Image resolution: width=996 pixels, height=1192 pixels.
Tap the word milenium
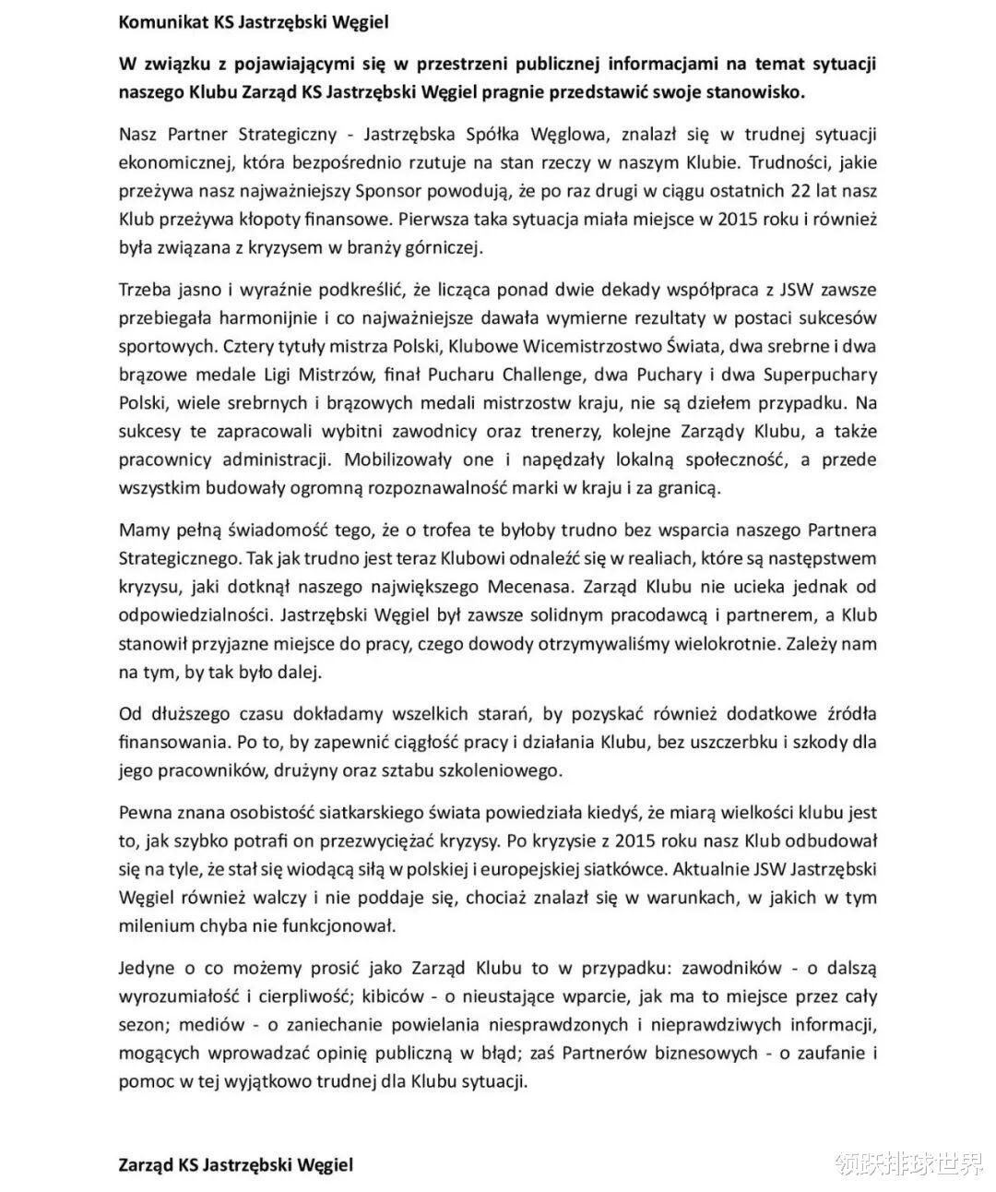pos(156,925)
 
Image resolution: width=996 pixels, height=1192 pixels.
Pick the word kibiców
pos(398,996)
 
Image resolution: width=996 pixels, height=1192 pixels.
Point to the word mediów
pos(212,1025)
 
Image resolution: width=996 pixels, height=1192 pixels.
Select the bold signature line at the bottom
pos(236,1164)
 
